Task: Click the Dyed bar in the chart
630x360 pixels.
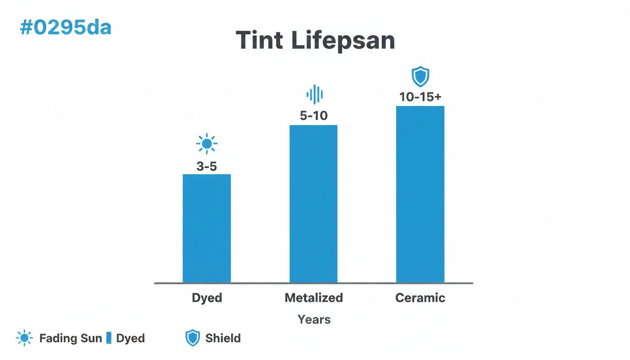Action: [207, 228]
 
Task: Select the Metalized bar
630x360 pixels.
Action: [314, 203]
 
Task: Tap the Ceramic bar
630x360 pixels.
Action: [420, 194]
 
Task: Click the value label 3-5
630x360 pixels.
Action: [207, 166]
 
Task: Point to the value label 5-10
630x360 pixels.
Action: [314, 115]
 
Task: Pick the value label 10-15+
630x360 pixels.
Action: [420, 97]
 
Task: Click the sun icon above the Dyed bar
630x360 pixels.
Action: [207, 143]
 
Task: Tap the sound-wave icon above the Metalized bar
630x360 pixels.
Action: [315, 94]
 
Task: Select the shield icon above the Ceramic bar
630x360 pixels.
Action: [420, 76]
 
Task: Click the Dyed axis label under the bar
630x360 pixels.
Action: [207, 298]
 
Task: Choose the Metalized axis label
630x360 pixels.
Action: [314, 298]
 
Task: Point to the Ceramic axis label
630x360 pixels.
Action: [420, 298]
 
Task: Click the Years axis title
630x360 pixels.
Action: [314, 320]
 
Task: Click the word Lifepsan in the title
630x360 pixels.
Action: [343, 41]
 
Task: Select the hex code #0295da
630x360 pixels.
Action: [66, 28]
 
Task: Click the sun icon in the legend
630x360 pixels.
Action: [24, 338]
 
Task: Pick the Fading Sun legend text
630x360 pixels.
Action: [71, 338]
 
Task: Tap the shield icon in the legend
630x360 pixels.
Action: [193, 338]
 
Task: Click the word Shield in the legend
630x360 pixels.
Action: [223, 338]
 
